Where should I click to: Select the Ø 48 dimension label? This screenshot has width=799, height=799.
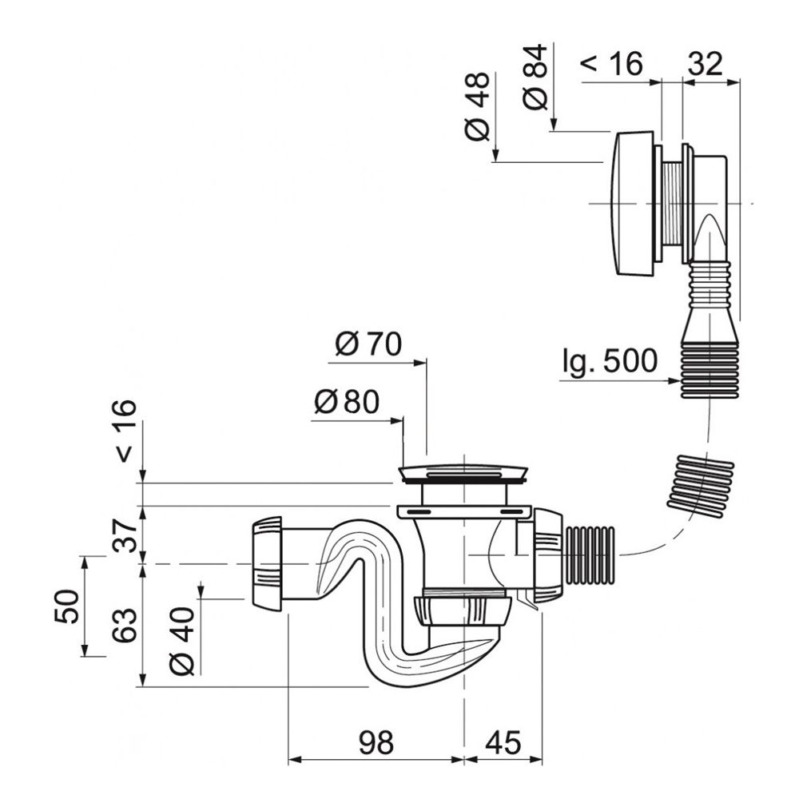pyautogui.click(x=478, y=106)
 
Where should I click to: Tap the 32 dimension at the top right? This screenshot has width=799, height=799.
pyautogui.click(x=706, y=64)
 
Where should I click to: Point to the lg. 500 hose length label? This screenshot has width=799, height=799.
pyautogui.click(x=610, y=361)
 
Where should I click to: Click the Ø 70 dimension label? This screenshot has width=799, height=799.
pyautogui.click(x=368, y=344)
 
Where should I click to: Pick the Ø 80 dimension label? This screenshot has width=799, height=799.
pyautogui.click(x=347, y=402)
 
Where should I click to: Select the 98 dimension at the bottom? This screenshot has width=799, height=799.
pyautogui.click(x=376, y=742)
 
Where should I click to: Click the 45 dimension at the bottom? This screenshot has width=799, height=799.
pyautogui.click(x=503, y=742)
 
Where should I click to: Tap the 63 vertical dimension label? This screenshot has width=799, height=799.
pyautogui.click(x=125, y=625)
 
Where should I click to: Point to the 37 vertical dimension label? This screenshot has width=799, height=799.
pyautogui.click(x=125, y=535)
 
